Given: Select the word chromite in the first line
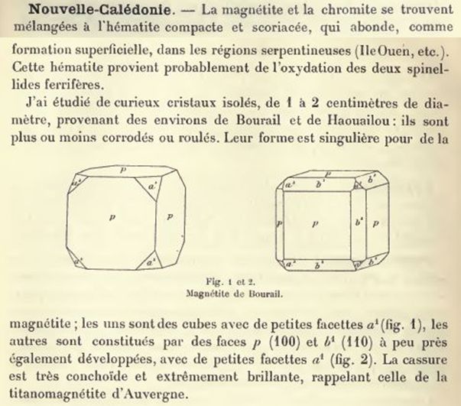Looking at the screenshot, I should coord(320,10).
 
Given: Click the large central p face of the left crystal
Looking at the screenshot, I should coord(113,218).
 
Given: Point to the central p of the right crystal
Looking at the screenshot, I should coord(315,223).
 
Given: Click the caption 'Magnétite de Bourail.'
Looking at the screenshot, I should coord(230,291).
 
